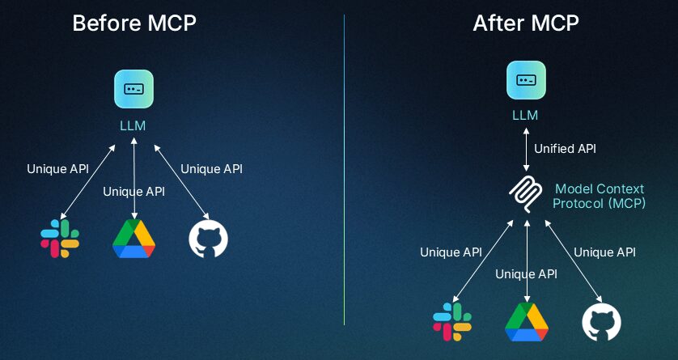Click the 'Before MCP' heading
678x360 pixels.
click(134, 23)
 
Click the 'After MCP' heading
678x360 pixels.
click(526, 23)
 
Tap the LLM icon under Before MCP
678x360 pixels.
click(133, 89)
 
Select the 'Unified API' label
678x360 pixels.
click(565, 149)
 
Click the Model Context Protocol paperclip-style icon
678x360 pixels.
click(527, 193)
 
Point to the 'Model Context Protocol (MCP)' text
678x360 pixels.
click(599, 196)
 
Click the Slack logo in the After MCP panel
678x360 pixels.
click(452, 321)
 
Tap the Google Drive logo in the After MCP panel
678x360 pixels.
click(527, 322)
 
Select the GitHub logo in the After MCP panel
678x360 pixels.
click(601, 322)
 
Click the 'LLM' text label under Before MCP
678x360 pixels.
click(133, 125)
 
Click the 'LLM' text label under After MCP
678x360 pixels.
click(525, 115)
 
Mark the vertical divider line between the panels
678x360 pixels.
click(344, 178)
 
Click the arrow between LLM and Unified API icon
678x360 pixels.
click(526, 149)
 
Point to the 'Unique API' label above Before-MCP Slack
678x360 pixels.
click(57, 169)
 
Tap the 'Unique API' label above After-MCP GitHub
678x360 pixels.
click(604, 252)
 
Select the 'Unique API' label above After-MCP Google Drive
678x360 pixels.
click(526, 274)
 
